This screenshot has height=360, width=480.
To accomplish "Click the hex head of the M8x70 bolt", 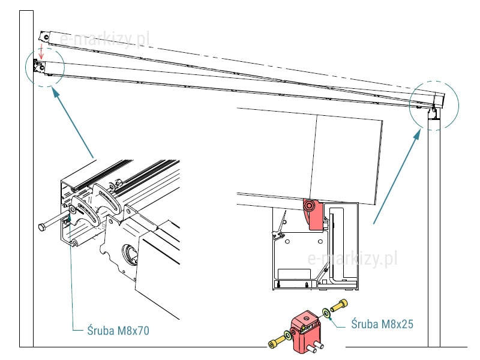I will coord(42,227).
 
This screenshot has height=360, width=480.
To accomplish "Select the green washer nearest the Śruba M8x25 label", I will coord(326,312).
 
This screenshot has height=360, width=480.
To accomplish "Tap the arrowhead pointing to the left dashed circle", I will coord(53,92).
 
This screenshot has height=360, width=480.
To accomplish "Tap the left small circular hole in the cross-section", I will coord(287,241).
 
